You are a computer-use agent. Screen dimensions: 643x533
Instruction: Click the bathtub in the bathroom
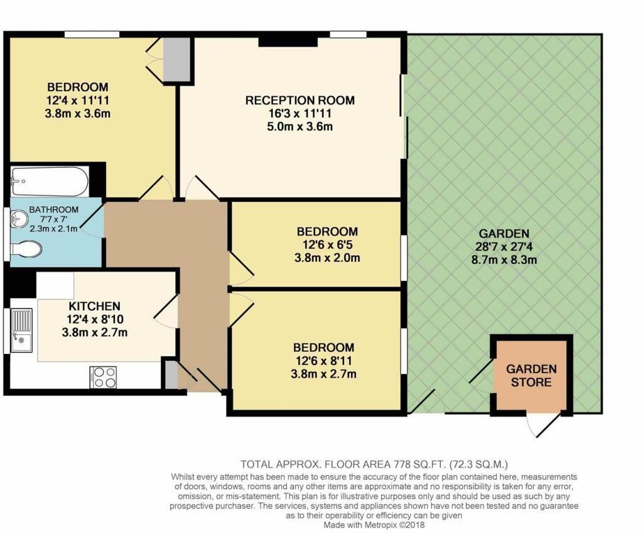[49, 181]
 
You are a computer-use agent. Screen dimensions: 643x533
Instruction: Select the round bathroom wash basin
[19, 218]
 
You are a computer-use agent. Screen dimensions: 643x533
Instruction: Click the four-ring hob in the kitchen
[103, 377]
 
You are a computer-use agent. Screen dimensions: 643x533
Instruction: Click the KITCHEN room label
[94, 306]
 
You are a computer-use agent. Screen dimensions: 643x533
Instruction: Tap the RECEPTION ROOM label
[300, 100]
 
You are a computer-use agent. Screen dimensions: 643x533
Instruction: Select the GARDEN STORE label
[531, 375]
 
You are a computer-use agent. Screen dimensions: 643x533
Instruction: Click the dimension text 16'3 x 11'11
[300, 113]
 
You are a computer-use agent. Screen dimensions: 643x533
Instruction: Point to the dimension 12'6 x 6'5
[327, 245]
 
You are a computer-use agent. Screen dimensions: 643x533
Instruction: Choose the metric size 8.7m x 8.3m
[504, 260]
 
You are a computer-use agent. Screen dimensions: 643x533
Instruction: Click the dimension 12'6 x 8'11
[323, 361]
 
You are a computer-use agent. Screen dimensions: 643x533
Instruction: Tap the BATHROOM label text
[54, 209]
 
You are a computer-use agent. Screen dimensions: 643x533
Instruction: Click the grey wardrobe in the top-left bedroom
[176, 60]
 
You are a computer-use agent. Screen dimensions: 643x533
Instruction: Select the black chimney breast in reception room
[288, 41]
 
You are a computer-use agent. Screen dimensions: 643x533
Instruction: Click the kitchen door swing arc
[165, 312]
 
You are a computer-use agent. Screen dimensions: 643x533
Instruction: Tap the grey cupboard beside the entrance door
[171, 374]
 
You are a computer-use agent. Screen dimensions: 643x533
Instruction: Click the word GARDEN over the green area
[504, 234]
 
